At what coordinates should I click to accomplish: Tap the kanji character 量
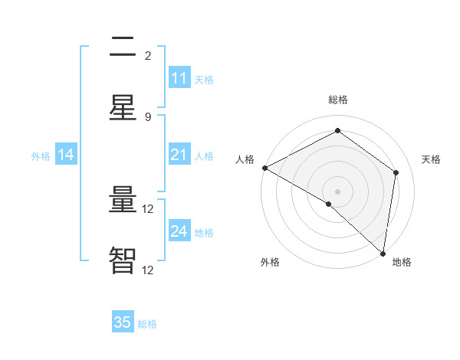click(123, 201)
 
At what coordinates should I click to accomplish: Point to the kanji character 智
click(123, 261)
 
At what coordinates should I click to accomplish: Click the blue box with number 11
click(179, 78)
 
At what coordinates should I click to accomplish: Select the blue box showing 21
click(179, 155)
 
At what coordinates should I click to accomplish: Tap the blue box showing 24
click(179, 231)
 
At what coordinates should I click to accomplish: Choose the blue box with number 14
click(66, 155)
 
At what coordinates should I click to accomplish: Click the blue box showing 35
click(123, 322)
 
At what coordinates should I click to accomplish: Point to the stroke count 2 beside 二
click(148, 56)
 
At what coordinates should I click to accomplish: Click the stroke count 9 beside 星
click(148, 116)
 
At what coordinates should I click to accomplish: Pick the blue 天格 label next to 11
click(204, 79)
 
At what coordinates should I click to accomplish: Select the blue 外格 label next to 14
click(41, 156)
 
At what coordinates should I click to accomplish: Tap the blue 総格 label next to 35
click(147, 323)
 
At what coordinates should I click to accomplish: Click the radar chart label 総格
click(338, 100)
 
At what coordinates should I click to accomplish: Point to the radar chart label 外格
click(270, 262)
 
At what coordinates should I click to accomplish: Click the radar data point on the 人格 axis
click(264, 168)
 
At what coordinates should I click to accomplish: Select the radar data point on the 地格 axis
click(383, 253)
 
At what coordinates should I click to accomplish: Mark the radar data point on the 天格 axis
click(396, 172)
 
